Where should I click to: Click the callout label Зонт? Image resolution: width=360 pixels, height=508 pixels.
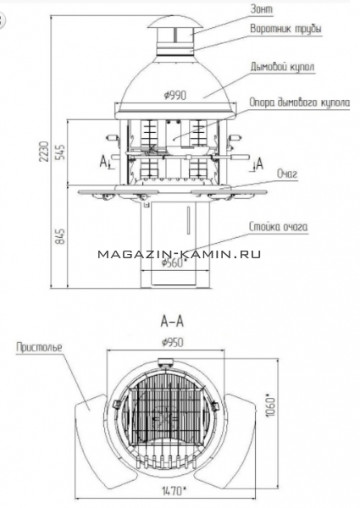pos(262,9)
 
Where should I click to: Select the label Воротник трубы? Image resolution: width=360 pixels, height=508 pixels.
pos(285,29)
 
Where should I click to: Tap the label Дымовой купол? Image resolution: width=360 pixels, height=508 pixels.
pos(282,67)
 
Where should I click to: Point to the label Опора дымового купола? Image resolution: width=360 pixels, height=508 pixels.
pos(299,102)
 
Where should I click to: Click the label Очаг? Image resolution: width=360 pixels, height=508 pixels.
pos(287,174)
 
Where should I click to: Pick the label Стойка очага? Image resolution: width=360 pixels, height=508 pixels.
pos(279,226)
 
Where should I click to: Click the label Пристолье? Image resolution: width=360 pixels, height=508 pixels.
pos(39,347)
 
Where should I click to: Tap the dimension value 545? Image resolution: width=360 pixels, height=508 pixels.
pos(60,152)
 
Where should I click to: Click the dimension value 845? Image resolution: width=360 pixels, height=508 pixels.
pos(60,236)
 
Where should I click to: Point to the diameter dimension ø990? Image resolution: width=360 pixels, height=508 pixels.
pos(175,95)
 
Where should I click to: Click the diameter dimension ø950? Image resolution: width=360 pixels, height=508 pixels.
pos(172,342)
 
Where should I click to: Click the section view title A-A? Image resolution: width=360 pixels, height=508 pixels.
pos(172,322)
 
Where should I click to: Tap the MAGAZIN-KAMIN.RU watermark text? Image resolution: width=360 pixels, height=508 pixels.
pos(180,254)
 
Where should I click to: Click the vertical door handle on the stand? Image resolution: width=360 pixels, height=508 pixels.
pos(188,220)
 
